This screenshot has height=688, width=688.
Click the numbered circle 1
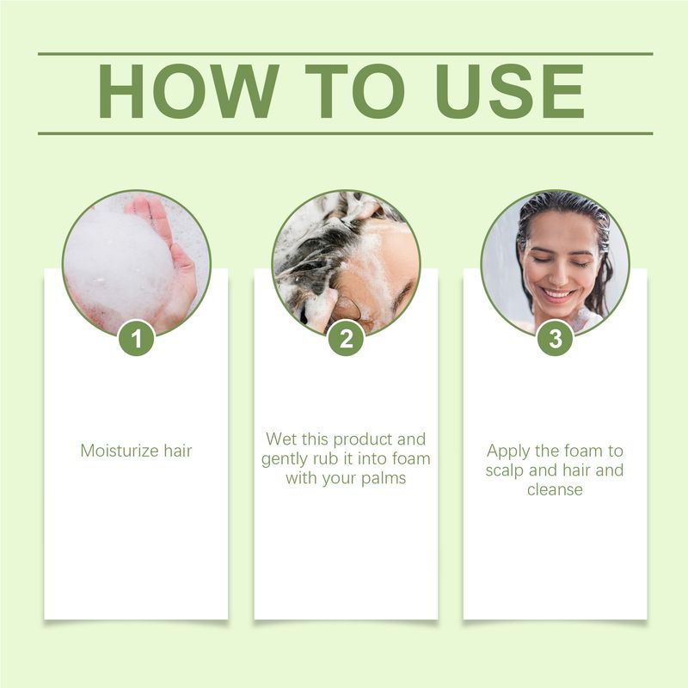click(136, 339)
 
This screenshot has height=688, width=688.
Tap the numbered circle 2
click(346, 339)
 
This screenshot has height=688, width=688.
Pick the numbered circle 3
click(555, 339)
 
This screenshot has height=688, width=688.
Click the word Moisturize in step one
click(119, 450)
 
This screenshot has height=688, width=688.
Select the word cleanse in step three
click(555, 489)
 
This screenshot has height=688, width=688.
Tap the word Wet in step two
click(280, 439)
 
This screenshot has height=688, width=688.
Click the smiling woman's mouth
click(557, 295)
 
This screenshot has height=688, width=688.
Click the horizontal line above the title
click(345, 53)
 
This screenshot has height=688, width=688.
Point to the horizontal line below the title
click(345, 133)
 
